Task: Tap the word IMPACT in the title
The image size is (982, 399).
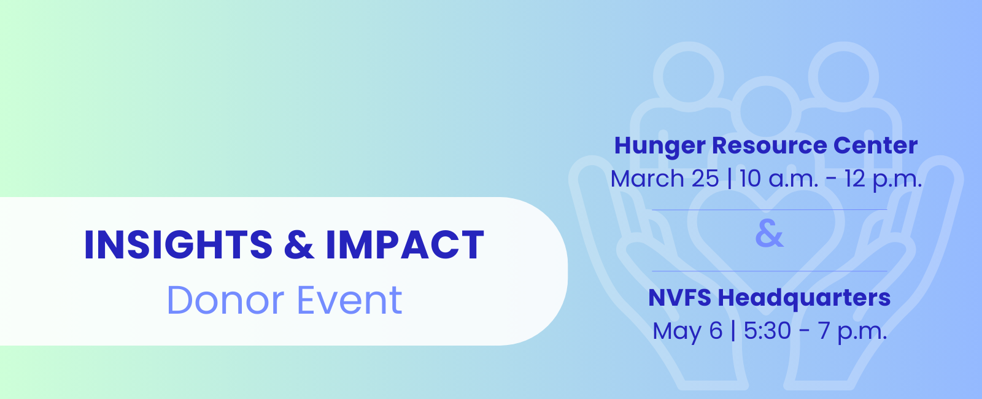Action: click(x=405, y=245)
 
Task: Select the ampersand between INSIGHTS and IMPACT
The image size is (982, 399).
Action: click(x=299, y=245)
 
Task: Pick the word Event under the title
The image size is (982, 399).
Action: click(x=350, y=300)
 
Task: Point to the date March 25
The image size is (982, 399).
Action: click(x=665, y=179)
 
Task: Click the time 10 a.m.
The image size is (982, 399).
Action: click(x=779, y=179)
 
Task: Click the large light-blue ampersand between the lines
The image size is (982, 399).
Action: click(x=769, y=234)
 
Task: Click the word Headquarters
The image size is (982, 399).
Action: click(x=804, y=298)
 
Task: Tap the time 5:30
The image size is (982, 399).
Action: click(x=767, y=331)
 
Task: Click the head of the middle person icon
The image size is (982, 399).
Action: click(x=765, y=111)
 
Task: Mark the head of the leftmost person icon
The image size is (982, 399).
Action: click(x=688, y=76)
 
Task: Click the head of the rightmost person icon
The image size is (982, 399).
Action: click(x=843, y=76)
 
